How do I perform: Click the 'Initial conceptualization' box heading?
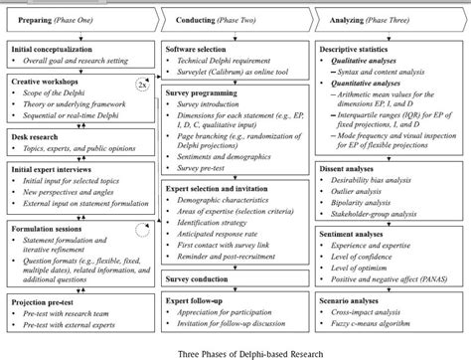(51, 48)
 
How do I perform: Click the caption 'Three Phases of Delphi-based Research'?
(235, 350)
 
